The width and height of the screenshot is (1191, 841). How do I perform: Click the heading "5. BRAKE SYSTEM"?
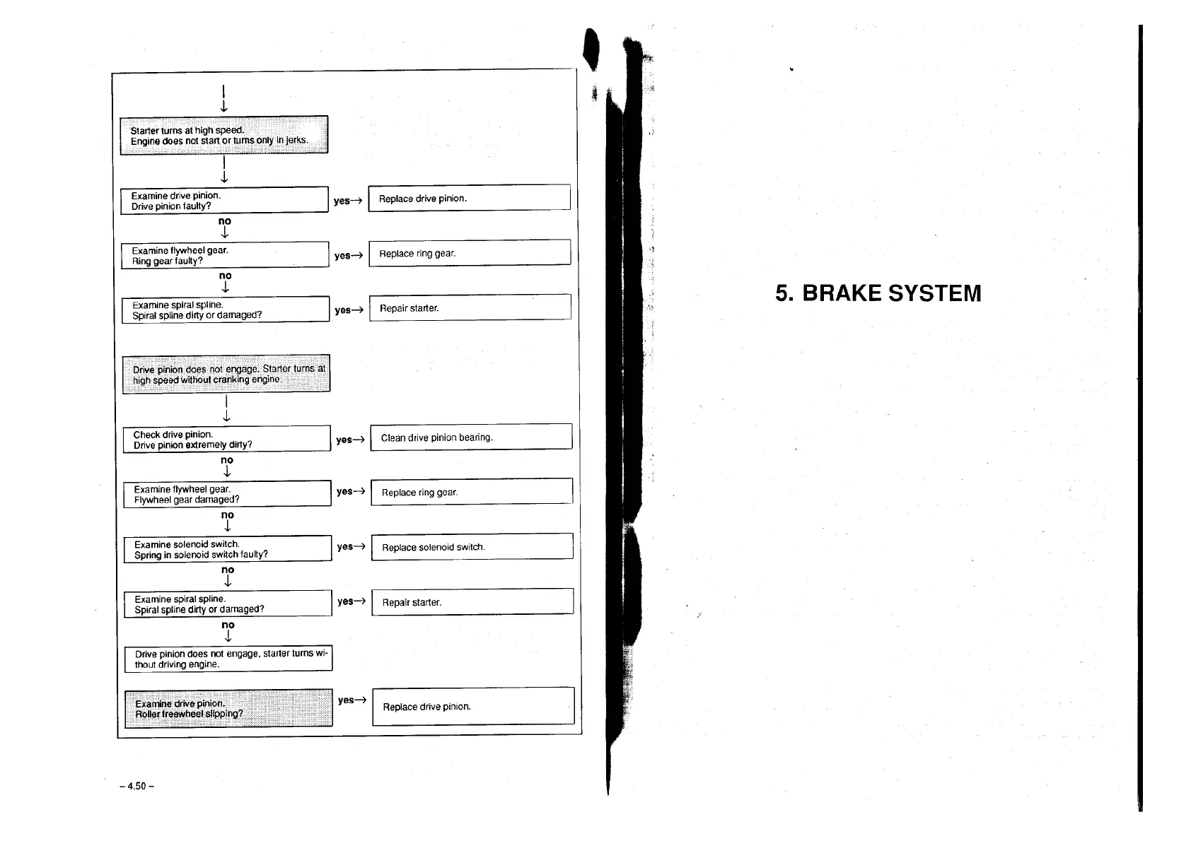coord(878,293)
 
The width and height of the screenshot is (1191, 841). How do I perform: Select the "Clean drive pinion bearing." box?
coord(471,437)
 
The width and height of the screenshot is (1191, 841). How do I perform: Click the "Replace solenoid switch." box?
coord(472,547)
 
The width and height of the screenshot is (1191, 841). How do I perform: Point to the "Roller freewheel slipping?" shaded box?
coord(228,708)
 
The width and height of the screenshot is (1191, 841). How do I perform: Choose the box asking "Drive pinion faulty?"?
coord(224,201)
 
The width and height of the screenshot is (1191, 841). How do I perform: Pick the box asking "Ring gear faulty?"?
coord(225,255)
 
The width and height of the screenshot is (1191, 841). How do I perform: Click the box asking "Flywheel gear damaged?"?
coord(227,494)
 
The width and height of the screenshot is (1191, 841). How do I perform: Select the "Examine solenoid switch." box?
coord(228,549)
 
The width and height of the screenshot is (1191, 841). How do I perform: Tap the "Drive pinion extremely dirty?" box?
coord(226,440)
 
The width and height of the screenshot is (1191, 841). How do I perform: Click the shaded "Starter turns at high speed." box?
coord(223,135)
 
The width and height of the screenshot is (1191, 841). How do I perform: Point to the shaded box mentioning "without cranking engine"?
coord(226,374)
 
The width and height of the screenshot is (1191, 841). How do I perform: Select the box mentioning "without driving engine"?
coord(228,659)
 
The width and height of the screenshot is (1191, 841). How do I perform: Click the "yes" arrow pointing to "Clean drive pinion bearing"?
coord(350,440)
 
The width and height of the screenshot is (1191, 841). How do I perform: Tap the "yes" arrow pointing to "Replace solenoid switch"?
coord(351,546)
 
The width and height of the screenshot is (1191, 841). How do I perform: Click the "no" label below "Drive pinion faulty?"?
coord(225,221)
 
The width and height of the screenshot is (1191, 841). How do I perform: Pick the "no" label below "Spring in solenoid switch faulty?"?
coord(228,570)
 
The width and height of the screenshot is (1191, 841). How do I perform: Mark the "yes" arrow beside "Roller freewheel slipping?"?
coord(352,700)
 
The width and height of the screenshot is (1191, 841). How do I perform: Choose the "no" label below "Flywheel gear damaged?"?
coord(227,515)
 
